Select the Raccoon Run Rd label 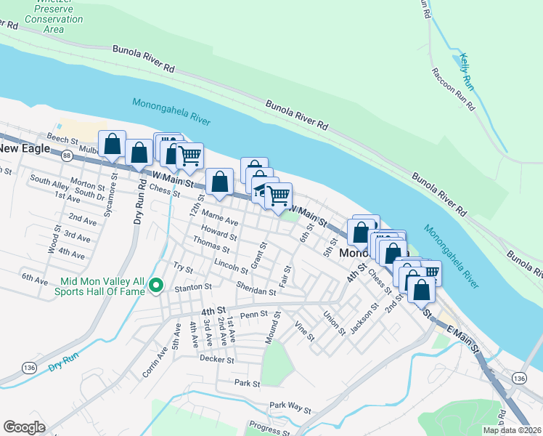[x=453, y=89]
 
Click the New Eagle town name [x=25, y=148]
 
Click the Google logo [x=24, y=427]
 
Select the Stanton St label [x=192, y=287]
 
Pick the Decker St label [x=216, y=359]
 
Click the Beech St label [x=62, y=139]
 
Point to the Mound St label [x=273, y=328]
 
